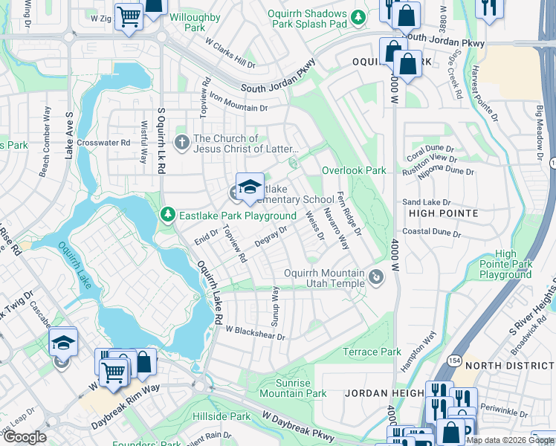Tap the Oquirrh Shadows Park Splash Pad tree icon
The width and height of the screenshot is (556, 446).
click(x=358, y=16)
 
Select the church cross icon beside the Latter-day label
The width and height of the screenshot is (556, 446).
click(x=182, y=142)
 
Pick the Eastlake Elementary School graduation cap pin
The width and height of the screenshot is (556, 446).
click(x=250, y=185)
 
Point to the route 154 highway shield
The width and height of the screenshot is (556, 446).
click(x=453, y=360)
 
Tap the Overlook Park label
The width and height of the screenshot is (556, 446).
click(x=354, y=170)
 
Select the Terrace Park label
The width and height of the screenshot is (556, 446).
click(x=372, y=352)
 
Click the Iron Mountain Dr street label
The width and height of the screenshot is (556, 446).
click(x=237, y=102)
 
